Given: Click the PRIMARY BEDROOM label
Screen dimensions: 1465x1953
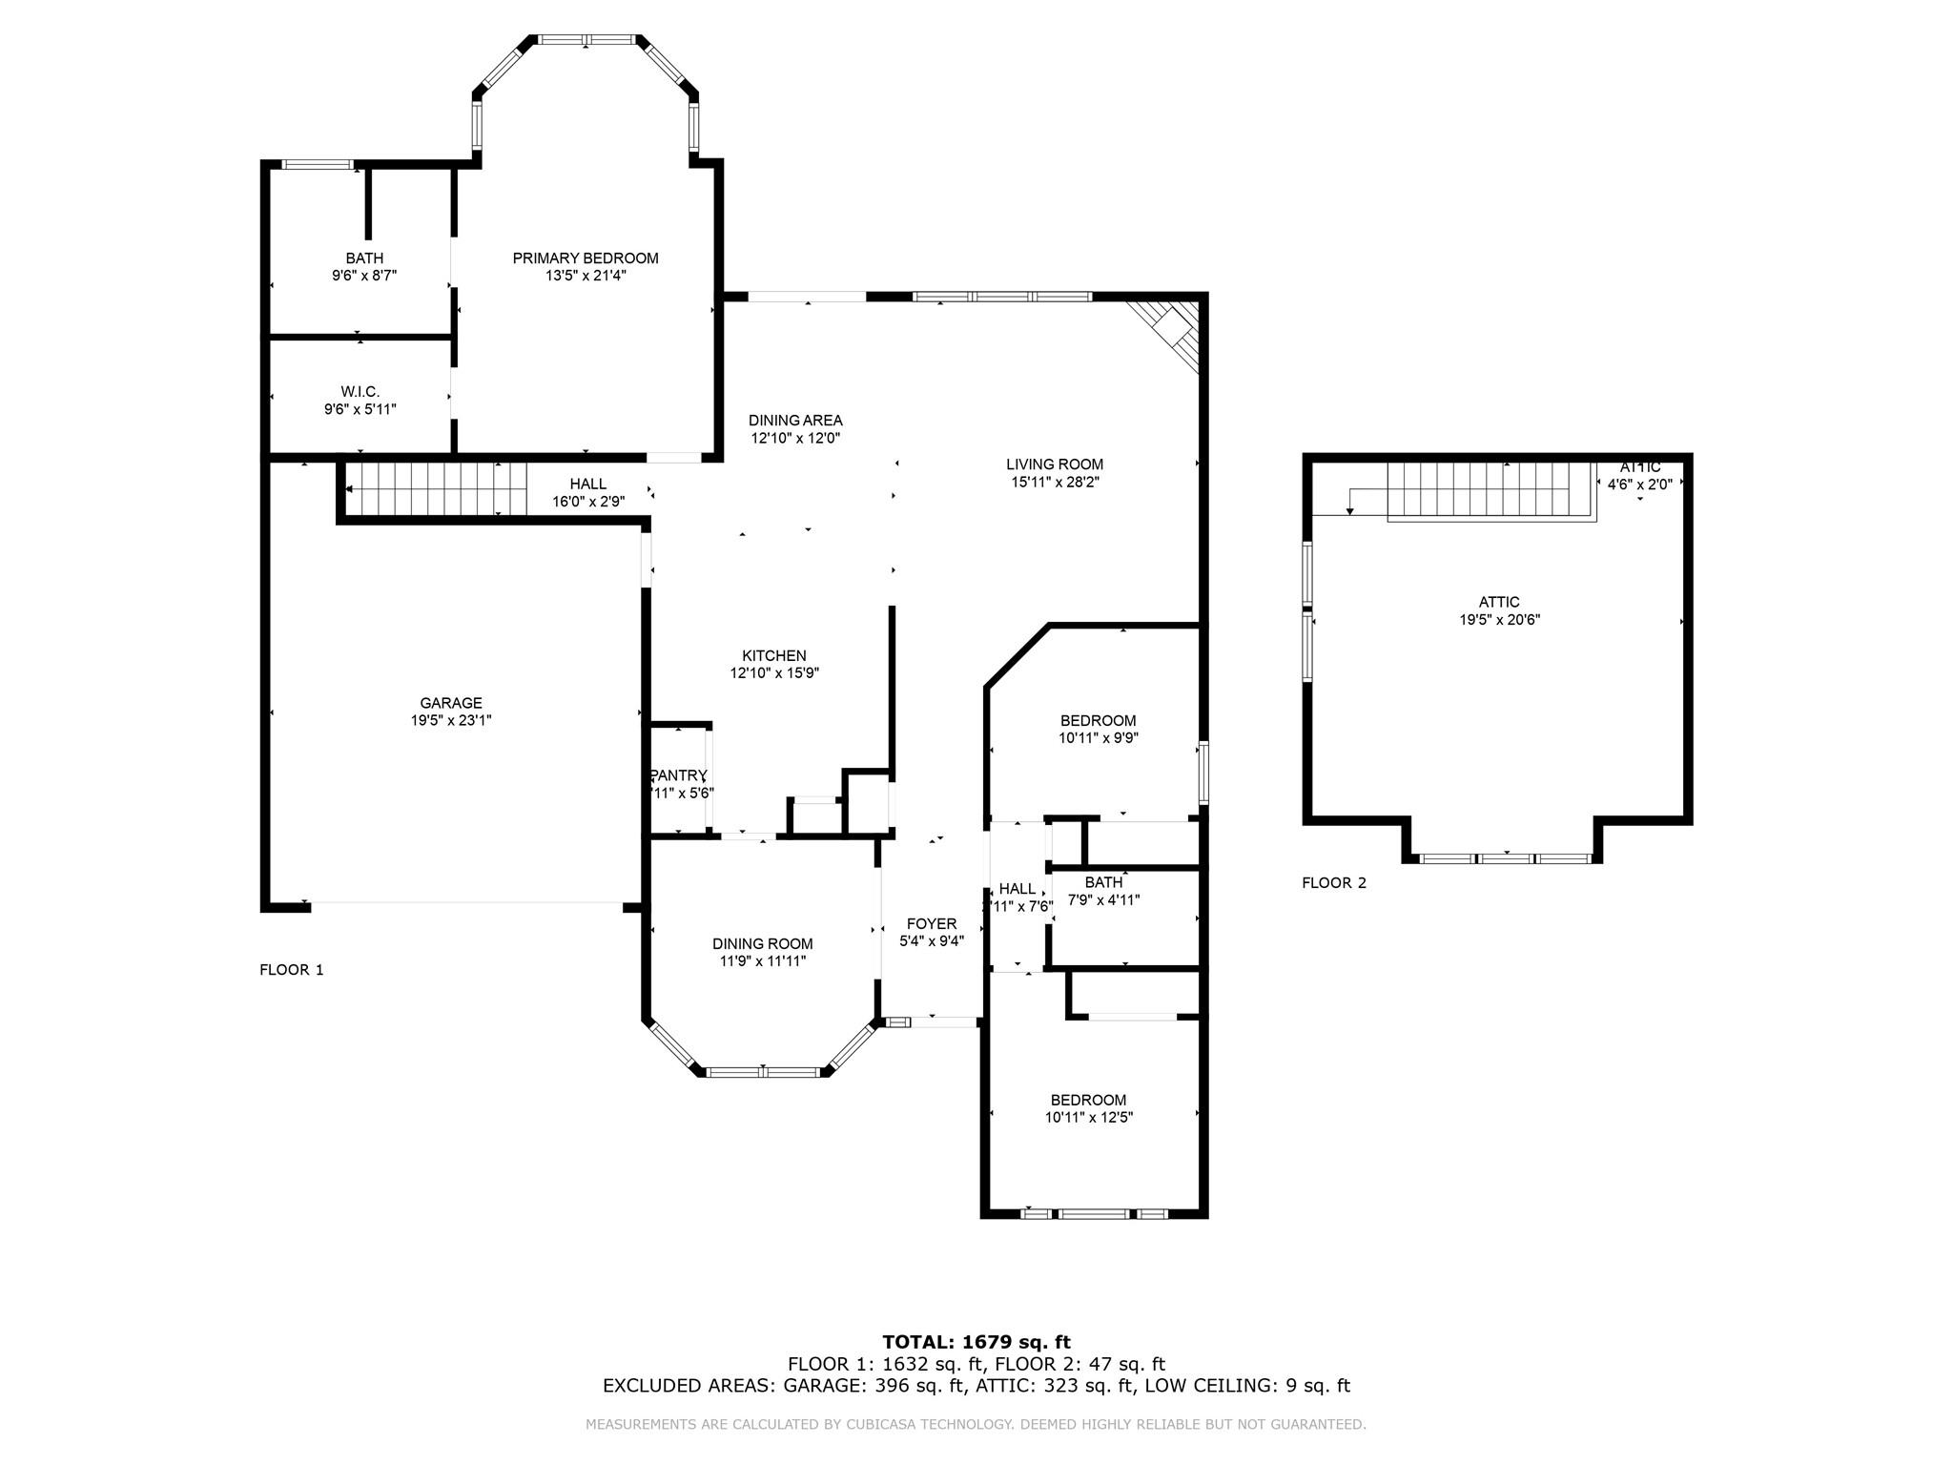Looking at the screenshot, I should (x=586, y=258).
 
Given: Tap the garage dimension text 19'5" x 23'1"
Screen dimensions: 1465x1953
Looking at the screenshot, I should (x=451, y=721).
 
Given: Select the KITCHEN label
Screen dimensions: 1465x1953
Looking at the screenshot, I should (x=774, y=656).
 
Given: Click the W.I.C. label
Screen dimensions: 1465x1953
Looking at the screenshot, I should (x=360, y=392).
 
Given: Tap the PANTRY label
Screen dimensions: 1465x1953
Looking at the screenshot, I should (x=679, y=775).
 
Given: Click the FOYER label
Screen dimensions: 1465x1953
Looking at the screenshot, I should (x=932, y=923).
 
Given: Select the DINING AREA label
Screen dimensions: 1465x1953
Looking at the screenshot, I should (x=795, y=421).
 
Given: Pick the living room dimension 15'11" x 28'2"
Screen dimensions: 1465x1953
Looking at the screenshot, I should (x=1055, y=483).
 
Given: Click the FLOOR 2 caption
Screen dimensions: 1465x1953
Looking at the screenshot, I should (x=1334, y=883).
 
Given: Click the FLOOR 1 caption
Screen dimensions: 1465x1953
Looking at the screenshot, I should (x=292, y=970).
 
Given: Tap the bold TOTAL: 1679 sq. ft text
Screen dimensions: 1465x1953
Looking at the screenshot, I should (x=976, y=1342).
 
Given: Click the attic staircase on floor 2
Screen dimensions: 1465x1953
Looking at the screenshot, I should (x=1488, y=490).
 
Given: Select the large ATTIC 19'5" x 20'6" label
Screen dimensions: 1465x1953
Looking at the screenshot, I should (x=1499, y=610).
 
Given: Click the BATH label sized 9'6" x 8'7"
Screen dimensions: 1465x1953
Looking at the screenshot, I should (x=364, y=258).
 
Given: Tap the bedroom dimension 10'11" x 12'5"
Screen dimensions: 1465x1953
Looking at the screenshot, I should (x=1088, y=1118).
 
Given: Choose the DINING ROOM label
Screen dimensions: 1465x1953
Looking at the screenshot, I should (x=762, y=944).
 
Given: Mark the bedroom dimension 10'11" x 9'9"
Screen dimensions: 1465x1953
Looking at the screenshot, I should (x=1098, y=738).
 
